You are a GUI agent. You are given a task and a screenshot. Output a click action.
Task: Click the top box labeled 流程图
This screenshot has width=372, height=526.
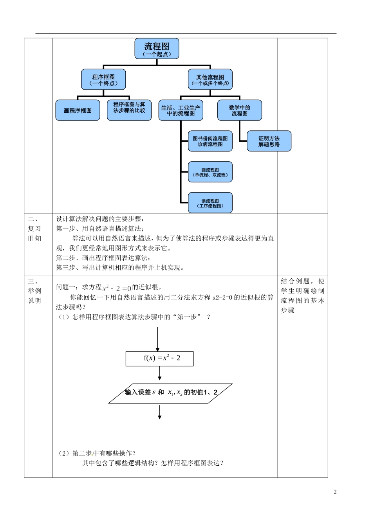(x=157, y=49)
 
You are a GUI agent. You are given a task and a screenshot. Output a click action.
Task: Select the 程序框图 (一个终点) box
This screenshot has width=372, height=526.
(x=103, y=79)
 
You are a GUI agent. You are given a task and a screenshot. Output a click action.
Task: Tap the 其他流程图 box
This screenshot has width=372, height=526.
(x=210, y=79)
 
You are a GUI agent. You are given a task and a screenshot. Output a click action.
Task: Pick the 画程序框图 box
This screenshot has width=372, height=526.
(x=78, y=110)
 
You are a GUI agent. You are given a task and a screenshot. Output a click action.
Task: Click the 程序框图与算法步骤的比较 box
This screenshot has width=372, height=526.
(x=129, y=110)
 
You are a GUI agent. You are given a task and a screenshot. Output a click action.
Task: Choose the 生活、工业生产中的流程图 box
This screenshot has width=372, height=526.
(x=181, y=110)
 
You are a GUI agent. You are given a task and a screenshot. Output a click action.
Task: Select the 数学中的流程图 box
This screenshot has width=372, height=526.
(x=240, y=110)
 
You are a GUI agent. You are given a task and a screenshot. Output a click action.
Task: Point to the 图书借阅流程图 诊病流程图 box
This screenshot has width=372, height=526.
(x=210, y=141)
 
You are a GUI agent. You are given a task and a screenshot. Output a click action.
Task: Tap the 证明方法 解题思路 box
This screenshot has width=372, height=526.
(x=269, y=141)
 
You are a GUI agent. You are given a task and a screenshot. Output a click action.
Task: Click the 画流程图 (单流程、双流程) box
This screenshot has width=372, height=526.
(x=210, y=172)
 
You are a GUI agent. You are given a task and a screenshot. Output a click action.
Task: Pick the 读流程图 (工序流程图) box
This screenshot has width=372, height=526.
(x=210, y=203)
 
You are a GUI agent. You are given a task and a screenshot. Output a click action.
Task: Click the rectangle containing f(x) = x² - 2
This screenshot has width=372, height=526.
(x=159, y=358)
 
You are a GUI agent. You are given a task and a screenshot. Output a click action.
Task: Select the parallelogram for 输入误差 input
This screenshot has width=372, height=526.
(x=170, y=393)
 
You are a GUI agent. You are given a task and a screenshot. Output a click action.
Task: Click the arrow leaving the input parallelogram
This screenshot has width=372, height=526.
(x=160, y=412)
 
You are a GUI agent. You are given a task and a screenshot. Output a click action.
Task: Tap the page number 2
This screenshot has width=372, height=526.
(x=335, y=492)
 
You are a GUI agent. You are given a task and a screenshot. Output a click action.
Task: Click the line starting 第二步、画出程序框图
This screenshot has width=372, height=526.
(x=103, y=258)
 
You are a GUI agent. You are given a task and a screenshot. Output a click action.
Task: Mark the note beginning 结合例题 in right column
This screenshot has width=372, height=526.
(x=302, y=295)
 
